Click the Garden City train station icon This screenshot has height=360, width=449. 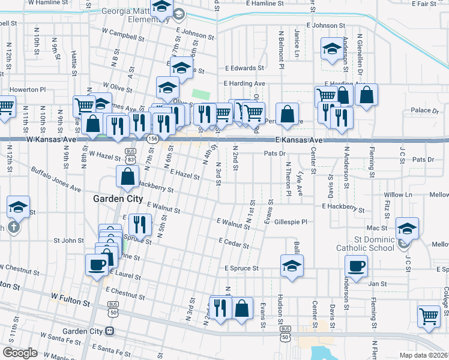[109, 331]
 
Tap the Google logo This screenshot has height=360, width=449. [19, 353]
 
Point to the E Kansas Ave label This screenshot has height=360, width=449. [300, 140]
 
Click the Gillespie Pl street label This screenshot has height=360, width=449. [290, 222]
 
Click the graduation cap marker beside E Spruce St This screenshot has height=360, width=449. [292, 265]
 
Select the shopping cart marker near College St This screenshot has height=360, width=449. [429, 316]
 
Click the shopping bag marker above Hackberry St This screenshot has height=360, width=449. [127, 176]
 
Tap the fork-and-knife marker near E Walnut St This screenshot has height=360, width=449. [139, 224]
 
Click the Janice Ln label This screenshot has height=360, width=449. [297, 40]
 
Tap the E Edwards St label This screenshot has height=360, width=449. [244, 68]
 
